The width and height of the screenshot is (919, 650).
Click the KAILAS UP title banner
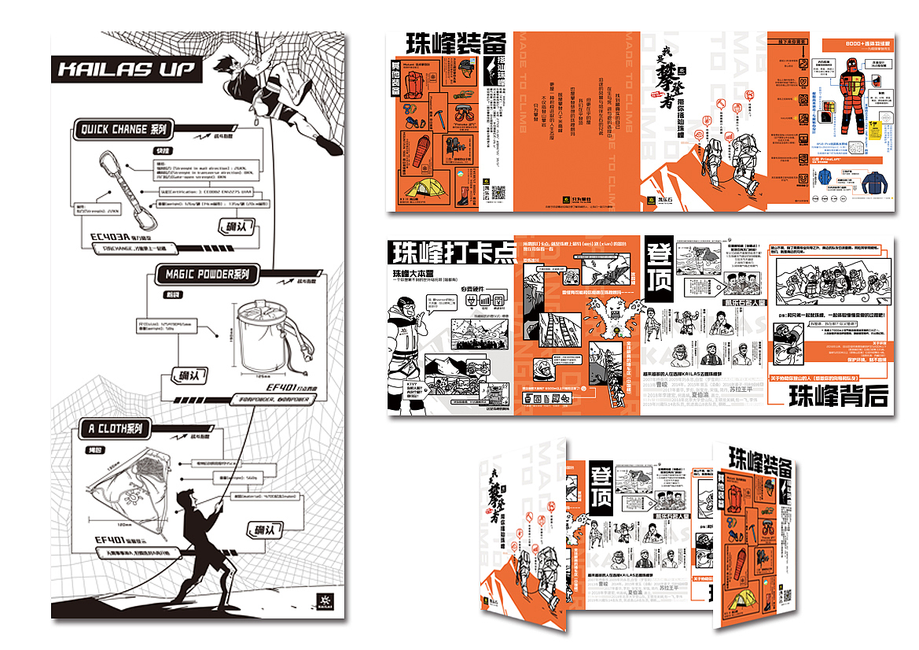click(126, 69)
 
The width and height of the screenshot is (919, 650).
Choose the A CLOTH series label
click(115, 429)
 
